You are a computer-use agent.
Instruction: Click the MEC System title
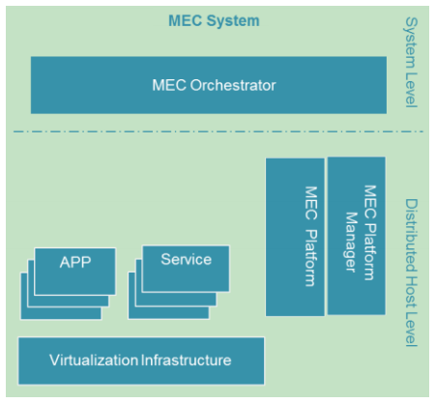(x=214, y=19)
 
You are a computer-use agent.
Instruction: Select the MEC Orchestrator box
(x=208, y=85)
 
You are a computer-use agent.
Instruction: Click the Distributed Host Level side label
(x=411, y=272)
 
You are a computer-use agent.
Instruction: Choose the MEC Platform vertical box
(x=295, y=237)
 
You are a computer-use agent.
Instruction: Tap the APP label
(x=74, y=263)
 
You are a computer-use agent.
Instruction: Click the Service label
(x=186, y=259)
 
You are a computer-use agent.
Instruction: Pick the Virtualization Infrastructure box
(x=140, y=360)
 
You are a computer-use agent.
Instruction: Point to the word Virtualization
(x=94, y=360)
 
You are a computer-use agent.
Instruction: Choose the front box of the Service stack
(x=186, y=268)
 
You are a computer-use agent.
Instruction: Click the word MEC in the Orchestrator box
(x=168, y=85)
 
